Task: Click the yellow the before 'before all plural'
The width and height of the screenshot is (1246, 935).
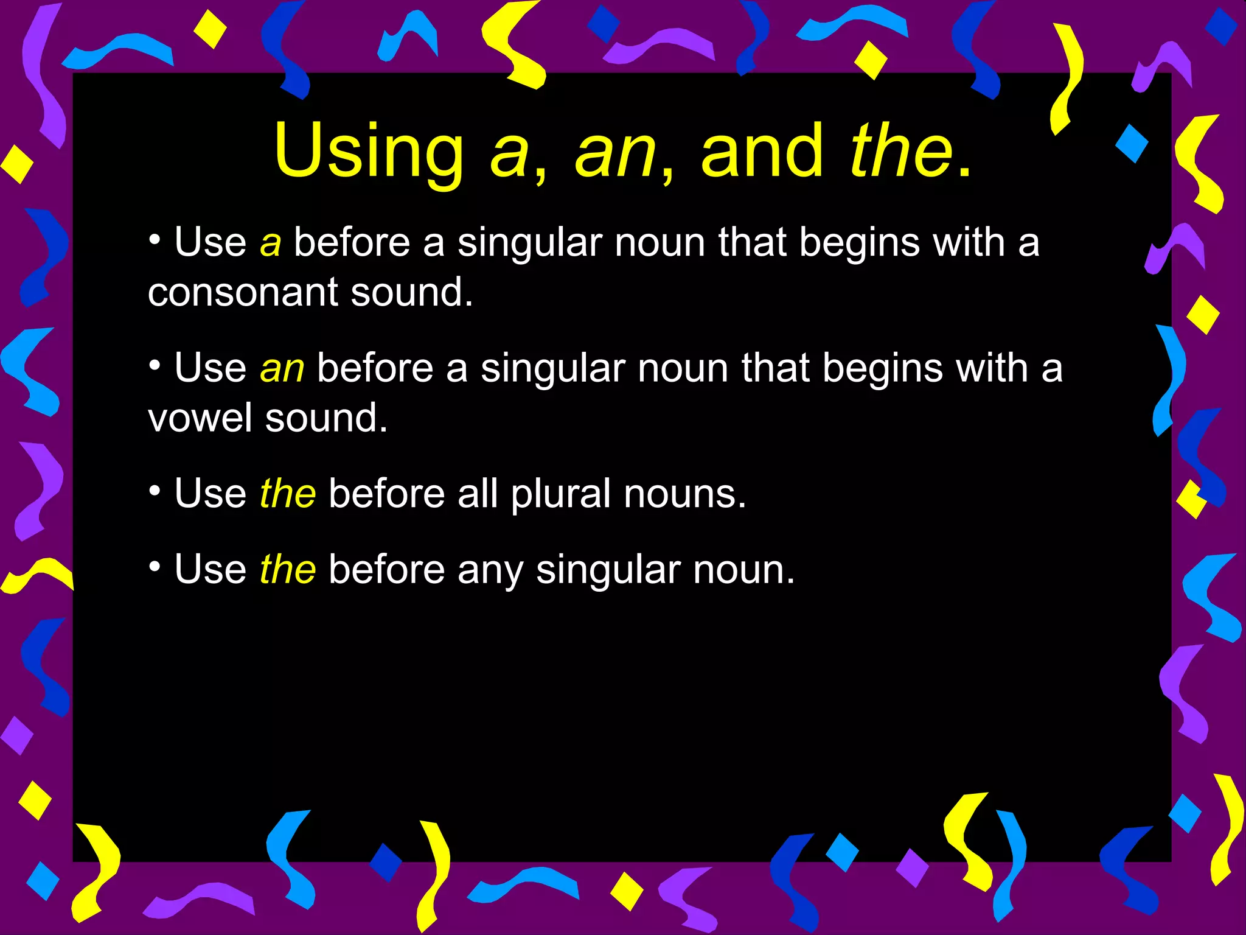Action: point(288,494)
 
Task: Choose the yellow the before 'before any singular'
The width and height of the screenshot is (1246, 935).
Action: point(288,570)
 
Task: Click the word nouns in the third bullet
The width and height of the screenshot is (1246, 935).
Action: point(684,494)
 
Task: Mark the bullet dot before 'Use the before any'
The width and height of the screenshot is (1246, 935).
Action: point(155,567)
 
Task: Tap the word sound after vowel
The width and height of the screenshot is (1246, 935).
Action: point(326,419)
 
